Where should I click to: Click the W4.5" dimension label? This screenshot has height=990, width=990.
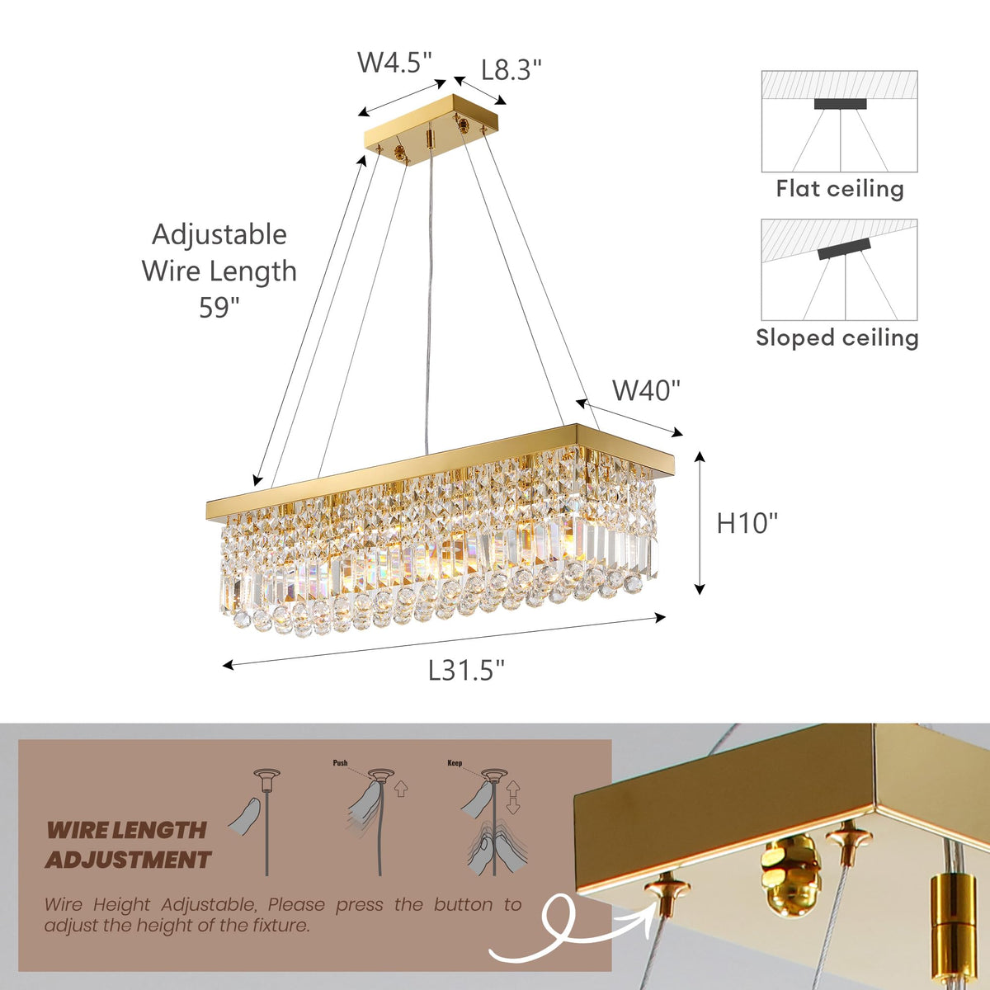tap(394, 63)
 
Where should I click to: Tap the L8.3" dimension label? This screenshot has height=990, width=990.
tap(511, 69)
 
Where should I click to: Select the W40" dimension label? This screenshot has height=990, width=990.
tap(646, 390)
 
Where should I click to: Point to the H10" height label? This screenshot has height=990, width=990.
tap(747, 523)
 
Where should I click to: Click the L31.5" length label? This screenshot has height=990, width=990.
tap(466, 671)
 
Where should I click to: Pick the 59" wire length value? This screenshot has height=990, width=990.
tap(219, 308)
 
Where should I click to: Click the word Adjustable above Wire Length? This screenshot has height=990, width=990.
tap(219, 234)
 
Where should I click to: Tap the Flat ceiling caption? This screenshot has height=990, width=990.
tap(840, 189)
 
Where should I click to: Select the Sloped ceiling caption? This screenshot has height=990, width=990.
tap(837, 337)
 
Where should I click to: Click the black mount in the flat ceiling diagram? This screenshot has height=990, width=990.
tap(840, 104)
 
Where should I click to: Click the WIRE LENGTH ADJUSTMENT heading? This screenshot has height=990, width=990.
tap(127, 845)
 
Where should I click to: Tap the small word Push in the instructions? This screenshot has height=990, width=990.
tap(340, 764)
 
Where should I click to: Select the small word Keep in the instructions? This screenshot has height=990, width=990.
tap(455, 764)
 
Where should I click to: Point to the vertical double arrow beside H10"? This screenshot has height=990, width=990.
tap(700, 523)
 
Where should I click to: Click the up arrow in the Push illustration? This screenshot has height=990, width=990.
tap(401, 790)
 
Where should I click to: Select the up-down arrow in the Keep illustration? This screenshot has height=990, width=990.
tap(512, 797)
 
